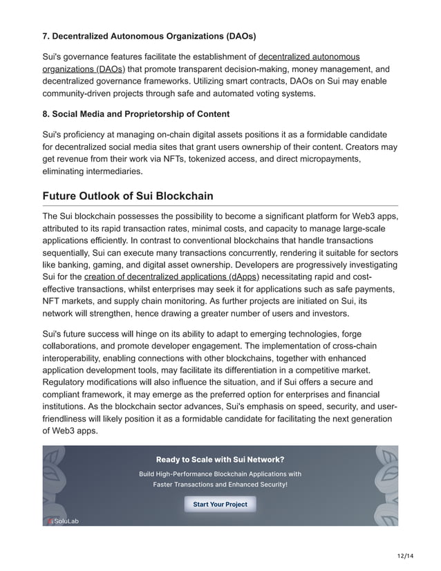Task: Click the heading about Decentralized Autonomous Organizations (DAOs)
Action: pyautogui.click(x=148, y=35)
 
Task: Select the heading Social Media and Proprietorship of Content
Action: pyautogui.click(x=136, y=113)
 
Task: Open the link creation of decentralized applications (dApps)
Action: pyautogui.click(x=171, y=277)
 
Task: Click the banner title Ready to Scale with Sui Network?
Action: pyautogui.click(x=220, y=459)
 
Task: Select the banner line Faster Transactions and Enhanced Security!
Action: pyautogui.click(x=220, y=485)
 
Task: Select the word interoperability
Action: pyautogui.click(x=75, y=357)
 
